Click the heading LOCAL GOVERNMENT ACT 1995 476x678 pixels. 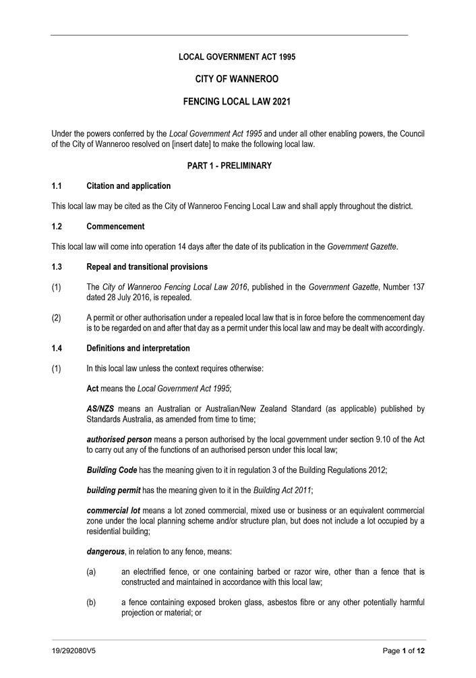click(237, 57)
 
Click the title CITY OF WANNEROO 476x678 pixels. click(237, 80)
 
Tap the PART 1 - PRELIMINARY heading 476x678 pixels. click(237, 165)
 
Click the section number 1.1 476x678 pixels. click(57, 186)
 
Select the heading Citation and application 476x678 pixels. click(129, 186)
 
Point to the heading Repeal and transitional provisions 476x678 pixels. click(147, 267)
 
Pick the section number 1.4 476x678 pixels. click(57, 348)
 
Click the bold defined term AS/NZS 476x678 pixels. click(101, 409)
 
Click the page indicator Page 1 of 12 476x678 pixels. click(404, 652)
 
